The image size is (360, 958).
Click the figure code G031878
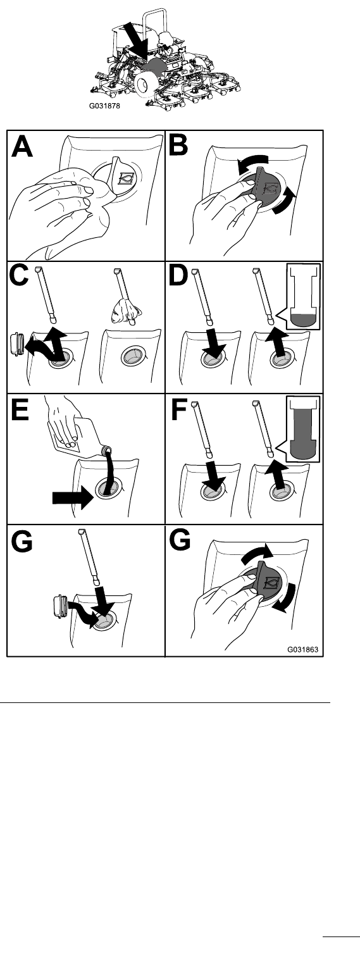pos(104,106)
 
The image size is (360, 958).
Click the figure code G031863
pos(302,649)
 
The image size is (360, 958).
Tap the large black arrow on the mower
pos(135,41)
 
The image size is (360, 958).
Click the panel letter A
pos(22,147)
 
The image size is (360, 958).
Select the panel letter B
pos(178,146)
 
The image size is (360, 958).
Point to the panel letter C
pos(18,277)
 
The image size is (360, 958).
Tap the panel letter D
pos(178,276)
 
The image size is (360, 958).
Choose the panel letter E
pos(19,409)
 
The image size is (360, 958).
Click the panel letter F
pos(178,409)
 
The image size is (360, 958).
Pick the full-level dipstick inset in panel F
pos(303,429)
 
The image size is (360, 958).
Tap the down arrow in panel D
pos(213,342)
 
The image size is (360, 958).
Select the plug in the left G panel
pos(60,606)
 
